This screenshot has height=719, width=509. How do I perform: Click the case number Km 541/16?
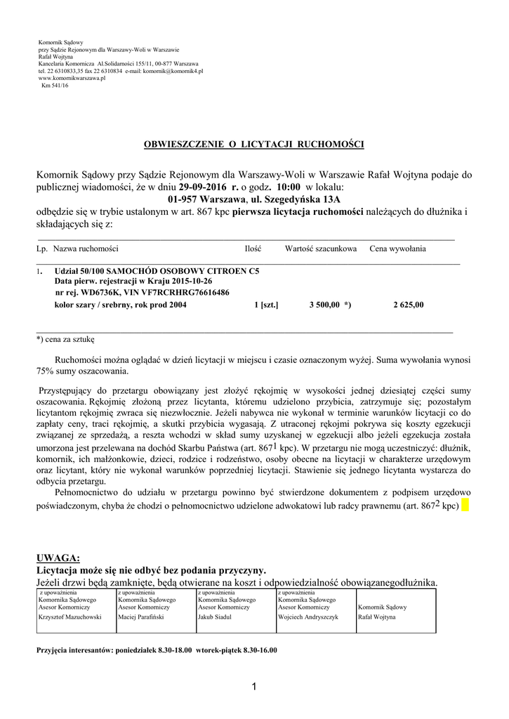[55, 85]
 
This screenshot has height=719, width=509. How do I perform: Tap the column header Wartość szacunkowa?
[321, 249]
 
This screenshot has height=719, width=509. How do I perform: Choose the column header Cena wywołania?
[398, 249]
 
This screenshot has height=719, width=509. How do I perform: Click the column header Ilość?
[253, 249]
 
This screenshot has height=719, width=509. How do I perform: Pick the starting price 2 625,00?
[409, 305]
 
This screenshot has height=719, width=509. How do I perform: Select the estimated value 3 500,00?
[324, 305]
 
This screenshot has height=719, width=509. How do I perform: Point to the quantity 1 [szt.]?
[266, 305]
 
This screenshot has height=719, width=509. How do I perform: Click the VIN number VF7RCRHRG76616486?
[190, 293]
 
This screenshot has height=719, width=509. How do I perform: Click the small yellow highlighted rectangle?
[468, 506]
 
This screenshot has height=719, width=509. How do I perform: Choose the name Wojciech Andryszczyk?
[308, 617]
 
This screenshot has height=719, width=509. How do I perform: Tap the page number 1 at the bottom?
[254, 687]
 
